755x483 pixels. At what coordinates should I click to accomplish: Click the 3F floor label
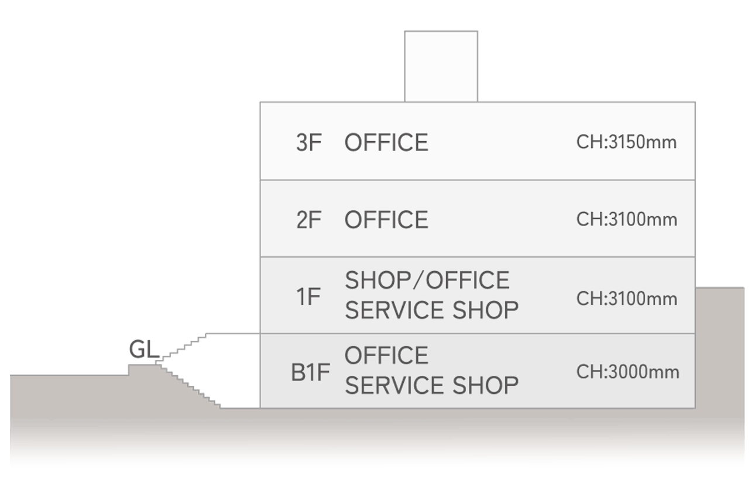[x=308, y=143]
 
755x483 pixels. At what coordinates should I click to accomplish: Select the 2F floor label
[x=308, y=220]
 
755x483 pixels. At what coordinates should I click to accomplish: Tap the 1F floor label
[x=308, y=297]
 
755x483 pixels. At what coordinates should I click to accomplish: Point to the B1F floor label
[x=310, y=373]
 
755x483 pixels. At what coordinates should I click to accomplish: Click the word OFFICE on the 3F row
[x=386, y=143]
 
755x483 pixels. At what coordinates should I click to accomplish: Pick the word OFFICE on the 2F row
[x=386, y=220]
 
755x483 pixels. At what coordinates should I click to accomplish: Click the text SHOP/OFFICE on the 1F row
[x=427, y=280]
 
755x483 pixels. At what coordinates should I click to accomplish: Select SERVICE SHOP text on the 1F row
[x=431, y=310]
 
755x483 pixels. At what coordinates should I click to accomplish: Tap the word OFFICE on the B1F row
[x=386, y=355]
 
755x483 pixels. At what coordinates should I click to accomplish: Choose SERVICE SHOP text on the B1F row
[x=431, y=385]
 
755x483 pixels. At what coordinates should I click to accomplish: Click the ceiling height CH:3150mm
[x=626, y=142]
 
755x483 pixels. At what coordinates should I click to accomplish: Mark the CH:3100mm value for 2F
[x=626, y=220]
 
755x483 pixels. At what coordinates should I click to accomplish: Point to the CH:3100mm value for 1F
[x=626, y=299]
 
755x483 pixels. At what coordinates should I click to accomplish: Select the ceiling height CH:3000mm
[x=627, y=372]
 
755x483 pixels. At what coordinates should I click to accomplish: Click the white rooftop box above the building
[x=441, y=66]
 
